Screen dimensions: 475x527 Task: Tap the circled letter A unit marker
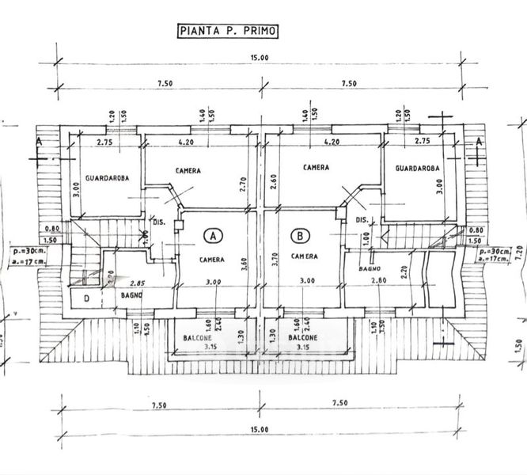tap(212, 235)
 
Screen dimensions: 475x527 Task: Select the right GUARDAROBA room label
tap(416, 168)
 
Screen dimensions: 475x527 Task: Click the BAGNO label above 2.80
tap(370, 270)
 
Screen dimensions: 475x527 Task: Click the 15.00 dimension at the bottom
tap(261, 429)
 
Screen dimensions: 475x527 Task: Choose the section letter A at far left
tap(39, 141)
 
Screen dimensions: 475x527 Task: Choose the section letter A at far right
tap(479, 141)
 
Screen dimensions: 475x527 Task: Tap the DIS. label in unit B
tap(362, 219)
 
